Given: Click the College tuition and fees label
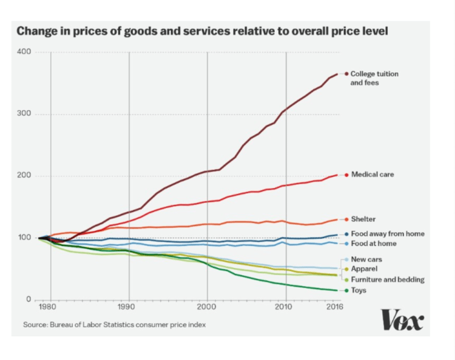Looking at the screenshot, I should [x=374, y=78].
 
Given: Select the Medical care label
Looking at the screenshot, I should [x=372, y=175].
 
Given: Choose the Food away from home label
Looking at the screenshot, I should [x=388, y=234].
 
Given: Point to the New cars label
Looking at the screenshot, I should [x=366, y=259].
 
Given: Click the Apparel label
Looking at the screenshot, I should [x=364, y=268].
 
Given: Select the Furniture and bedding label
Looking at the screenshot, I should [x=388, y=279].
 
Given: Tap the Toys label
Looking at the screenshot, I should [x=359, y=290].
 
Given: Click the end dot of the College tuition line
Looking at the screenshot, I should [x=346, y=74].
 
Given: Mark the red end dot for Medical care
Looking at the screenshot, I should [x=346, y=175].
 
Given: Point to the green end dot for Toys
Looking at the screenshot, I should [x=346, y=290].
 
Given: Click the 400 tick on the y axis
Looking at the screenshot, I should [x=24, y=52].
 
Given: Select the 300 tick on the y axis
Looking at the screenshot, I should [x=24, y=114].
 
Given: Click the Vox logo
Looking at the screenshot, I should [x=402, y=319].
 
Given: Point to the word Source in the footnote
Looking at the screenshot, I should [x=36, y=325].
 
